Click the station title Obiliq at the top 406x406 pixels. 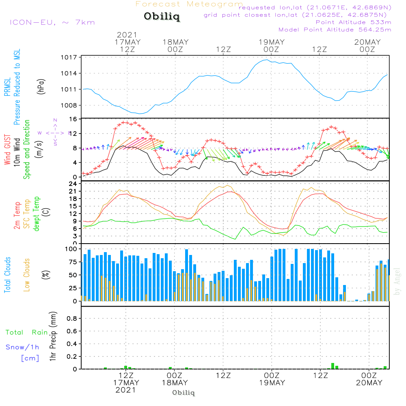(161, 17)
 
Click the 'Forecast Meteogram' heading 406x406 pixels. (189, 4)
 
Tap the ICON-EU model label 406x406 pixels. (52, 22)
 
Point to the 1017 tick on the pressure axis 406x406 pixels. (69, 57)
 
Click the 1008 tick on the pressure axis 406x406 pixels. (69, 105)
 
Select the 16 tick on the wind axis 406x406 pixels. (73, 119)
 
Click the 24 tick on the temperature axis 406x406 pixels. (73, 184)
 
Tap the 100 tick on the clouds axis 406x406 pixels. (71, 248)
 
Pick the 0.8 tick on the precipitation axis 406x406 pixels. (72, 318)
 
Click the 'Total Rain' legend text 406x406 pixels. (26, 332)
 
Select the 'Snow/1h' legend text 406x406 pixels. (22, 347)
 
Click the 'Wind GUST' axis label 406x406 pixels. (8, 150)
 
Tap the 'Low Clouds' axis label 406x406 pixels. (27, 274)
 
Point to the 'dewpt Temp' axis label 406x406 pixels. (37, 214)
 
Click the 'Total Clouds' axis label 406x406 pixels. (8, 274)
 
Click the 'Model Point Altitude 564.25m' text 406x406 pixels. (335, 30)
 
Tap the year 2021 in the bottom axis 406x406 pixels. (126, 390)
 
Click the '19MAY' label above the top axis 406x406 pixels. (272, 42)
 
